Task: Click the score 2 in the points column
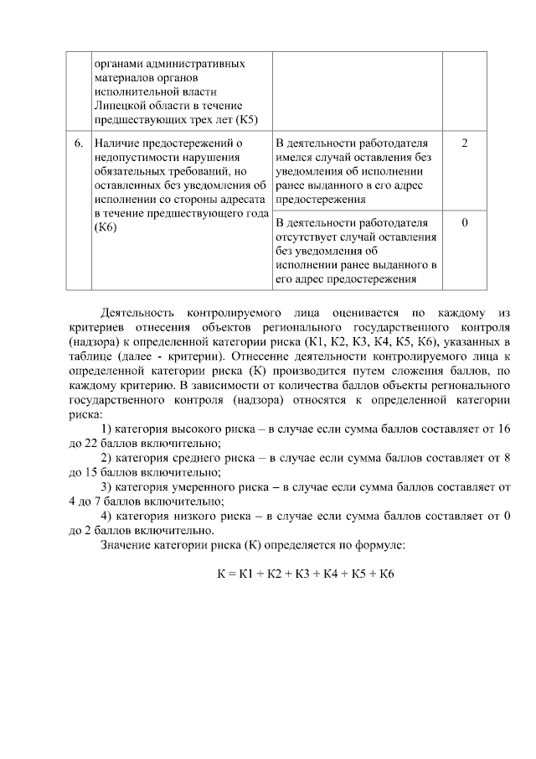pyautogui.click(x=464, y=143)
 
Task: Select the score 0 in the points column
pyautogui.click(x=464, y=222)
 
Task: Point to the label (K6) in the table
pyautogui.click(x=106, y=229)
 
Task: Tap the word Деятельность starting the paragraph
pyautogui.click(x=137, y=314)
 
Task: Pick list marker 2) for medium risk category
pyautogui.click(x=106, y=457)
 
